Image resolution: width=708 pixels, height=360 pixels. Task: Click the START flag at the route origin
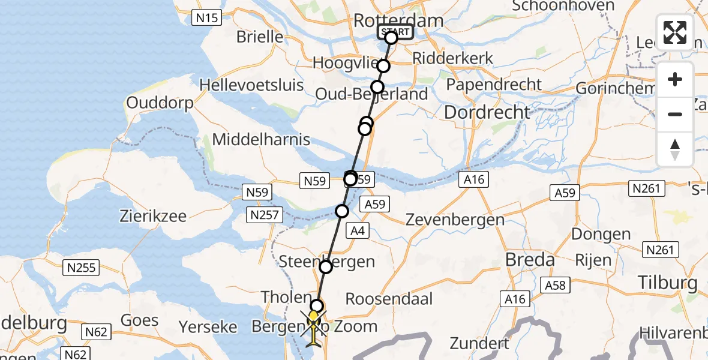tap(395, 32)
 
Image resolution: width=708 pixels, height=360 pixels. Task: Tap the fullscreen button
tap(675, 32)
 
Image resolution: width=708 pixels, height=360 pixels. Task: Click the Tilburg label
tap(668, 283)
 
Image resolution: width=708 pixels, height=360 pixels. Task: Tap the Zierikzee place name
tap(153, 216)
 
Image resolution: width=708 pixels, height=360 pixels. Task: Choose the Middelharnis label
tap(262, 140)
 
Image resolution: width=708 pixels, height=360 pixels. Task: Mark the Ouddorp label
tap(160, 103)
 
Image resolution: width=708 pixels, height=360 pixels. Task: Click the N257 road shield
tap(264, 214)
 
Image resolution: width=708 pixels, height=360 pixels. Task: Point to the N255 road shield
tap(81, 268)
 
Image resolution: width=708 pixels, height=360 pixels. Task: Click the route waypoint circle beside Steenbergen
tap(325, 266)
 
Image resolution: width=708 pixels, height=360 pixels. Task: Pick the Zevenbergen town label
tap(455, 220)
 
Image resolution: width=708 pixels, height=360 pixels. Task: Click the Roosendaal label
tap(389, 299)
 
